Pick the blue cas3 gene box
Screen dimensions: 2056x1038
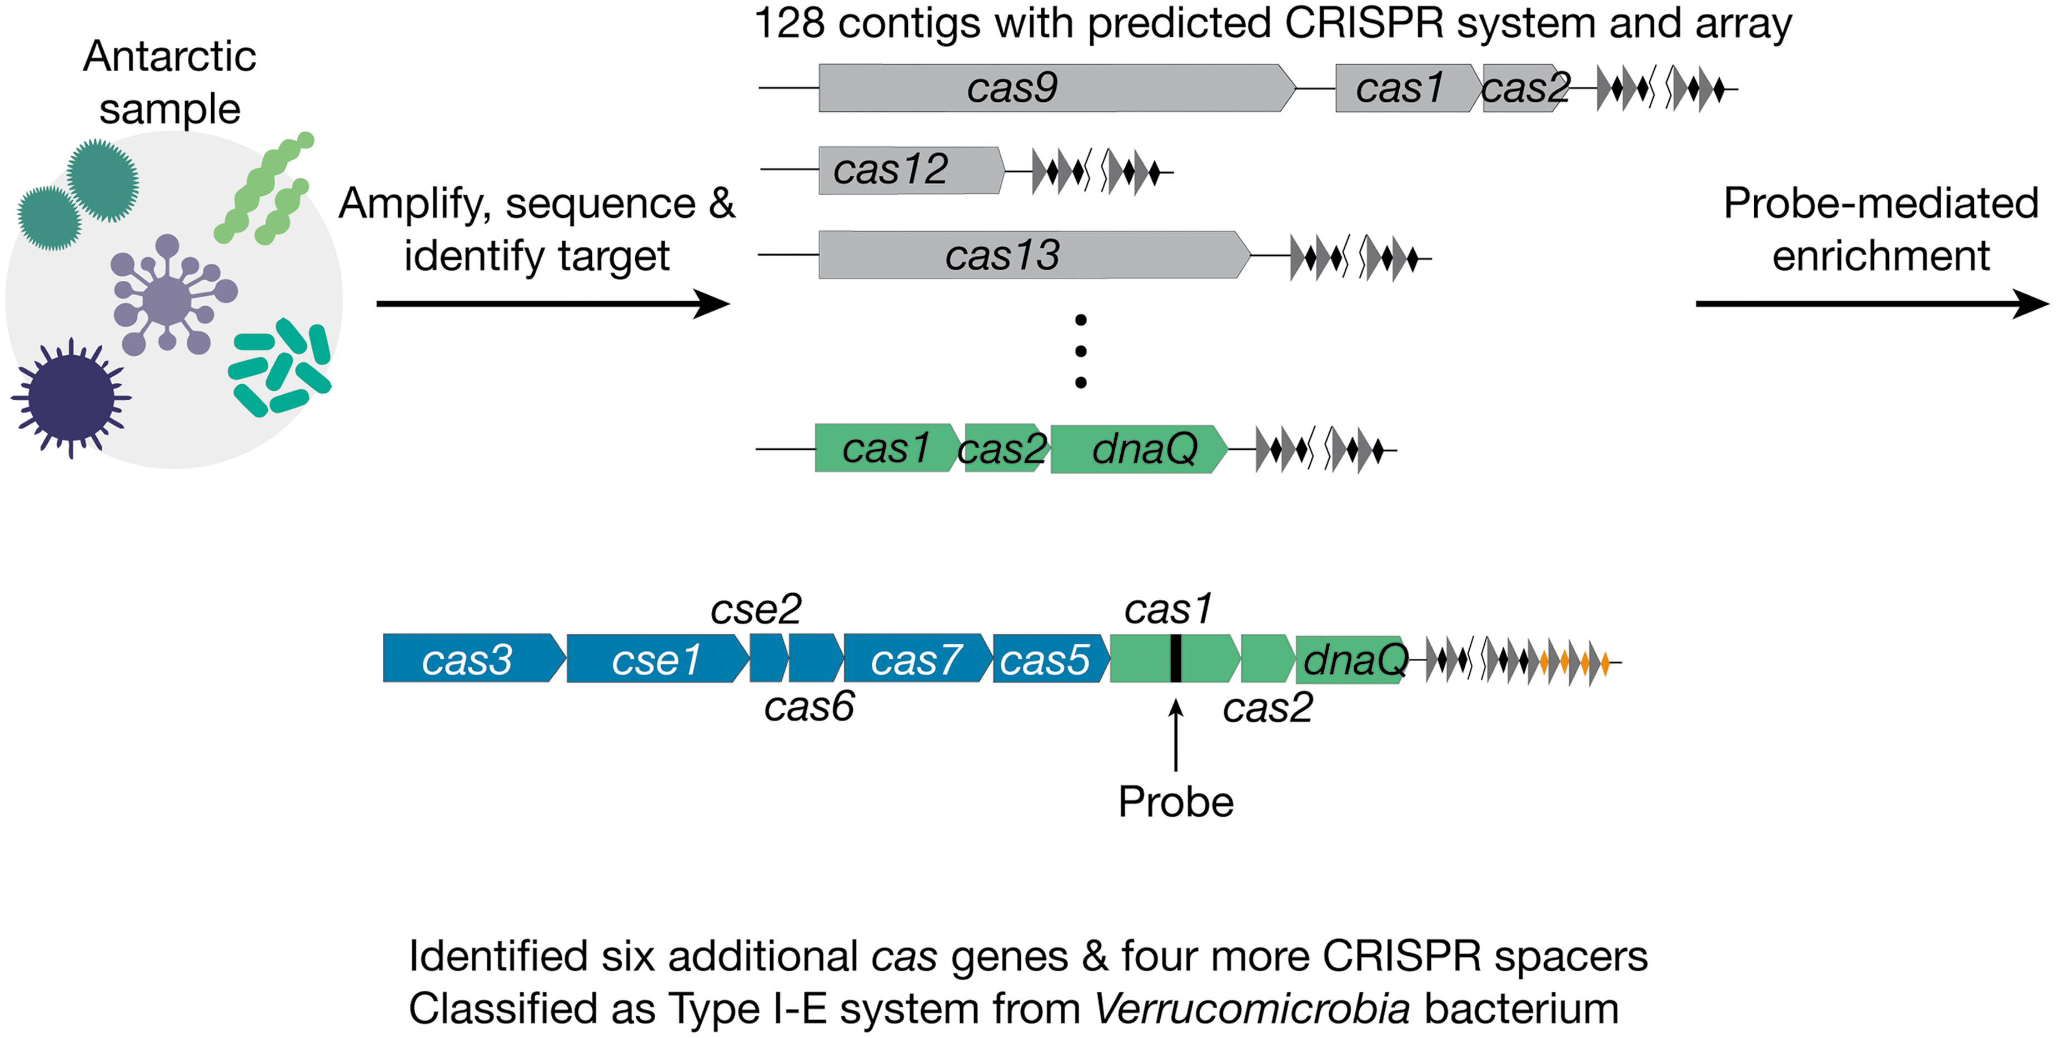474,658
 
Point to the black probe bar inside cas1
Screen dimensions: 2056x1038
1176,658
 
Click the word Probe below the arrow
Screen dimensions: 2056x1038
1176,802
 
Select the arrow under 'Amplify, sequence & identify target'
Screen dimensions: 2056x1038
553,304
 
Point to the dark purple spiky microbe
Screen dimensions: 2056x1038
71,398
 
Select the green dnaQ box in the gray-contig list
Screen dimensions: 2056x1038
1139,449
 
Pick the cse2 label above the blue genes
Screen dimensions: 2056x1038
756,610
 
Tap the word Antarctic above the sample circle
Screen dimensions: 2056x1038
169,56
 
